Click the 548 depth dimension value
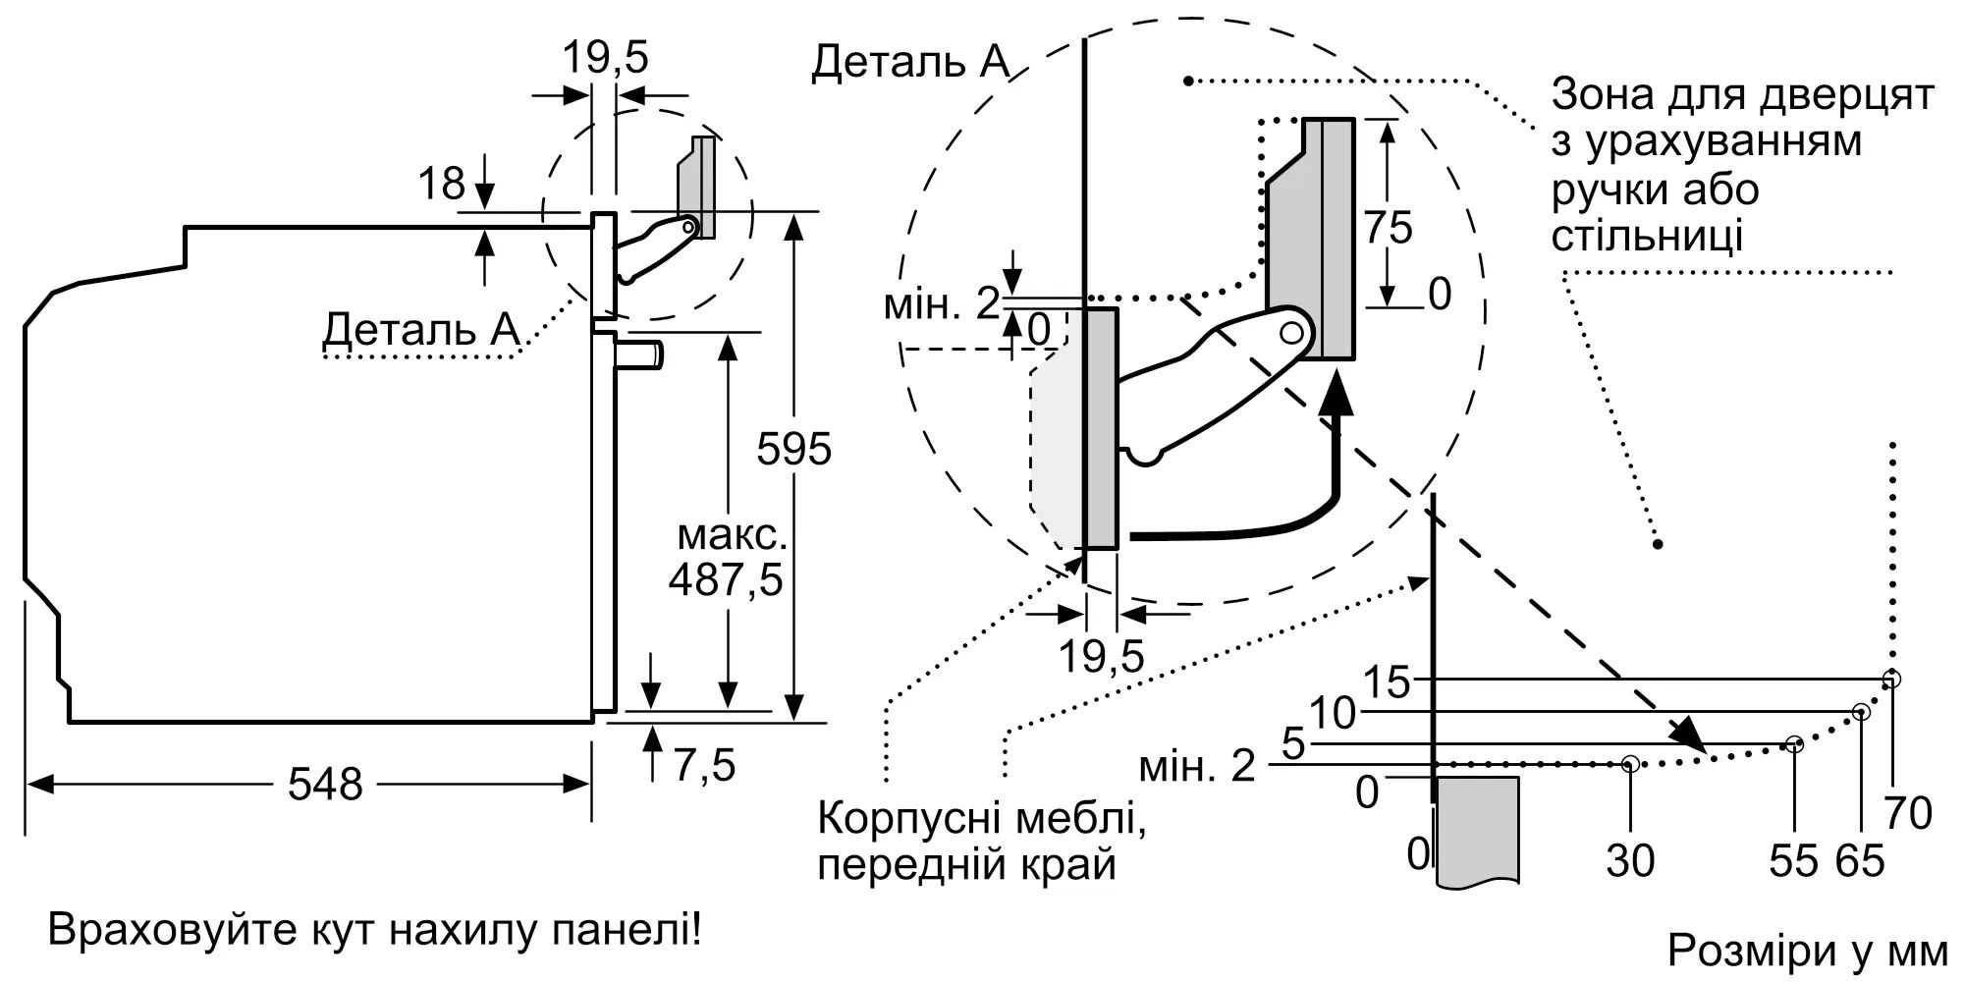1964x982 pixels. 325,784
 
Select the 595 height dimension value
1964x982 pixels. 793,450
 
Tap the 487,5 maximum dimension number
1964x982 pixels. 726,580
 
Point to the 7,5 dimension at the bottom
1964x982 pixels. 704,765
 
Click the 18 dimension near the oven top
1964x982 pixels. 441,184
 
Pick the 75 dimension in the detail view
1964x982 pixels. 1388,228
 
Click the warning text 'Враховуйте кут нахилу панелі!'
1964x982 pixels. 375,929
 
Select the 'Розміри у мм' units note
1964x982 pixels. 1808,951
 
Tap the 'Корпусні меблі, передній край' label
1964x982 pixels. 982,842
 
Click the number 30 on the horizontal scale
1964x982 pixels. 1630,861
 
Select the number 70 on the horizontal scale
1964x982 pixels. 1908,813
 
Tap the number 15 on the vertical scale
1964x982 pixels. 1388,682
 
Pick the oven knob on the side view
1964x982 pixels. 642,354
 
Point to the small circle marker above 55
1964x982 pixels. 1794,744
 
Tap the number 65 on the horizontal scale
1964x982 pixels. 1860,861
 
